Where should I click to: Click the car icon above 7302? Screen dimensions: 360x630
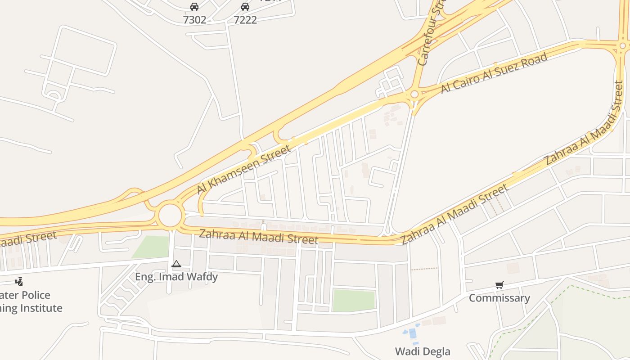click(194, 7)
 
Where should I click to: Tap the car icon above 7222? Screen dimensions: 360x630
click(245, 7)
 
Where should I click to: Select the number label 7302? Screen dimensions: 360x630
click(194, 20)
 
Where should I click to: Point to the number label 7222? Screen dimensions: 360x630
click(245, 20)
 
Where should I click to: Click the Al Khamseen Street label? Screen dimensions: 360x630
click(244, 170)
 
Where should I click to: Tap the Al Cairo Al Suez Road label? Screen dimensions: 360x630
click(494, 72)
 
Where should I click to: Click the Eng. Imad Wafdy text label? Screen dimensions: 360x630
click(176, 277)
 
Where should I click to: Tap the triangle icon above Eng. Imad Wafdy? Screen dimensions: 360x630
click(176, 264)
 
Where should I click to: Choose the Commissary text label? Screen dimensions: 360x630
click(499, 298)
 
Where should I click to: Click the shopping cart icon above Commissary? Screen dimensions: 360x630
click(499, 285)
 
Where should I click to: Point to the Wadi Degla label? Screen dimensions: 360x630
click(423, 351)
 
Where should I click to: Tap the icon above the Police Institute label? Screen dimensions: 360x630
click(19, 282)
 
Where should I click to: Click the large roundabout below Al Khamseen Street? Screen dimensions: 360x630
click(170, 216)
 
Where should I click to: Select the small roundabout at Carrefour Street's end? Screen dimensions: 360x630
click(414, 94)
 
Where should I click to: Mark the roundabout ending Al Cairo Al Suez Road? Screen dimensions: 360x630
click(623, 46)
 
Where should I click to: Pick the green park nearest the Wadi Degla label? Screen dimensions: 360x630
click(354, 300)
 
